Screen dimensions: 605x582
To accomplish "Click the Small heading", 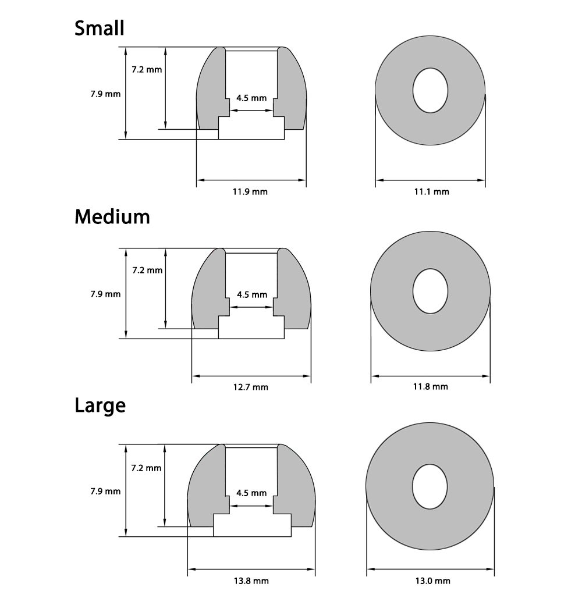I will (100, 28).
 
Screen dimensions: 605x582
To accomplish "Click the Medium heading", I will (112, 217).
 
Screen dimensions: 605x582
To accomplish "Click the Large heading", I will (100, 405).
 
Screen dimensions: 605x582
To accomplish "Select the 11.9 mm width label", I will (251, 192).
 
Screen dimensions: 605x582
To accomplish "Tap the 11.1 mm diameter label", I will (431, 192).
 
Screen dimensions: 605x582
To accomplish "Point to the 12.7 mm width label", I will (251, 387).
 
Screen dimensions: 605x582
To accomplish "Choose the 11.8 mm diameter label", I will (431, 386).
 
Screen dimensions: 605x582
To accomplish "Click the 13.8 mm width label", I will (251, 581).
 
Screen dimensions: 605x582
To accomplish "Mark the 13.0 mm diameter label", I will (431, 581).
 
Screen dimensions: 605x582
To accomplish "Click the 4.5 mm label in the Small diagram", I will (251, 98).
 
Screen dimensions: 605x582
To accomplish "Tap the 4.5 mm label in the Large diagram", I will (251, 493).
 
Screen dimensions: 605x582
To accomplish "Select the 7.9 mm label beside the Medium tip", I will (105, 294).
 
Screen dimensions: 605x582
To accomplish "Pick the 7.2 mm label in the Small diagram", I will (147, 70).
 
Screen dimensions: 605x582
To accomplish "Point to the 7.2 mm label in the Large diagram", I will (147, 468).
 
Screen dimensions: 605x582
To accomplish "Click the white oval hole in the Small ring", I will (431, 91).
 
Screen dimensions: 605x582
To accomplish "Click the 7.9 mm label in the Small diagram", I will (105, 93).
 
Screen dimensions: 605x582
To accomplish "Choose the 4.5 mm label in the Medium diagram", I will (251, 295).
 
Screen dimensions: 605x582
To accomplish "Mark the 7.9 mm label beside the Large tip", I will (105, 491).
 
